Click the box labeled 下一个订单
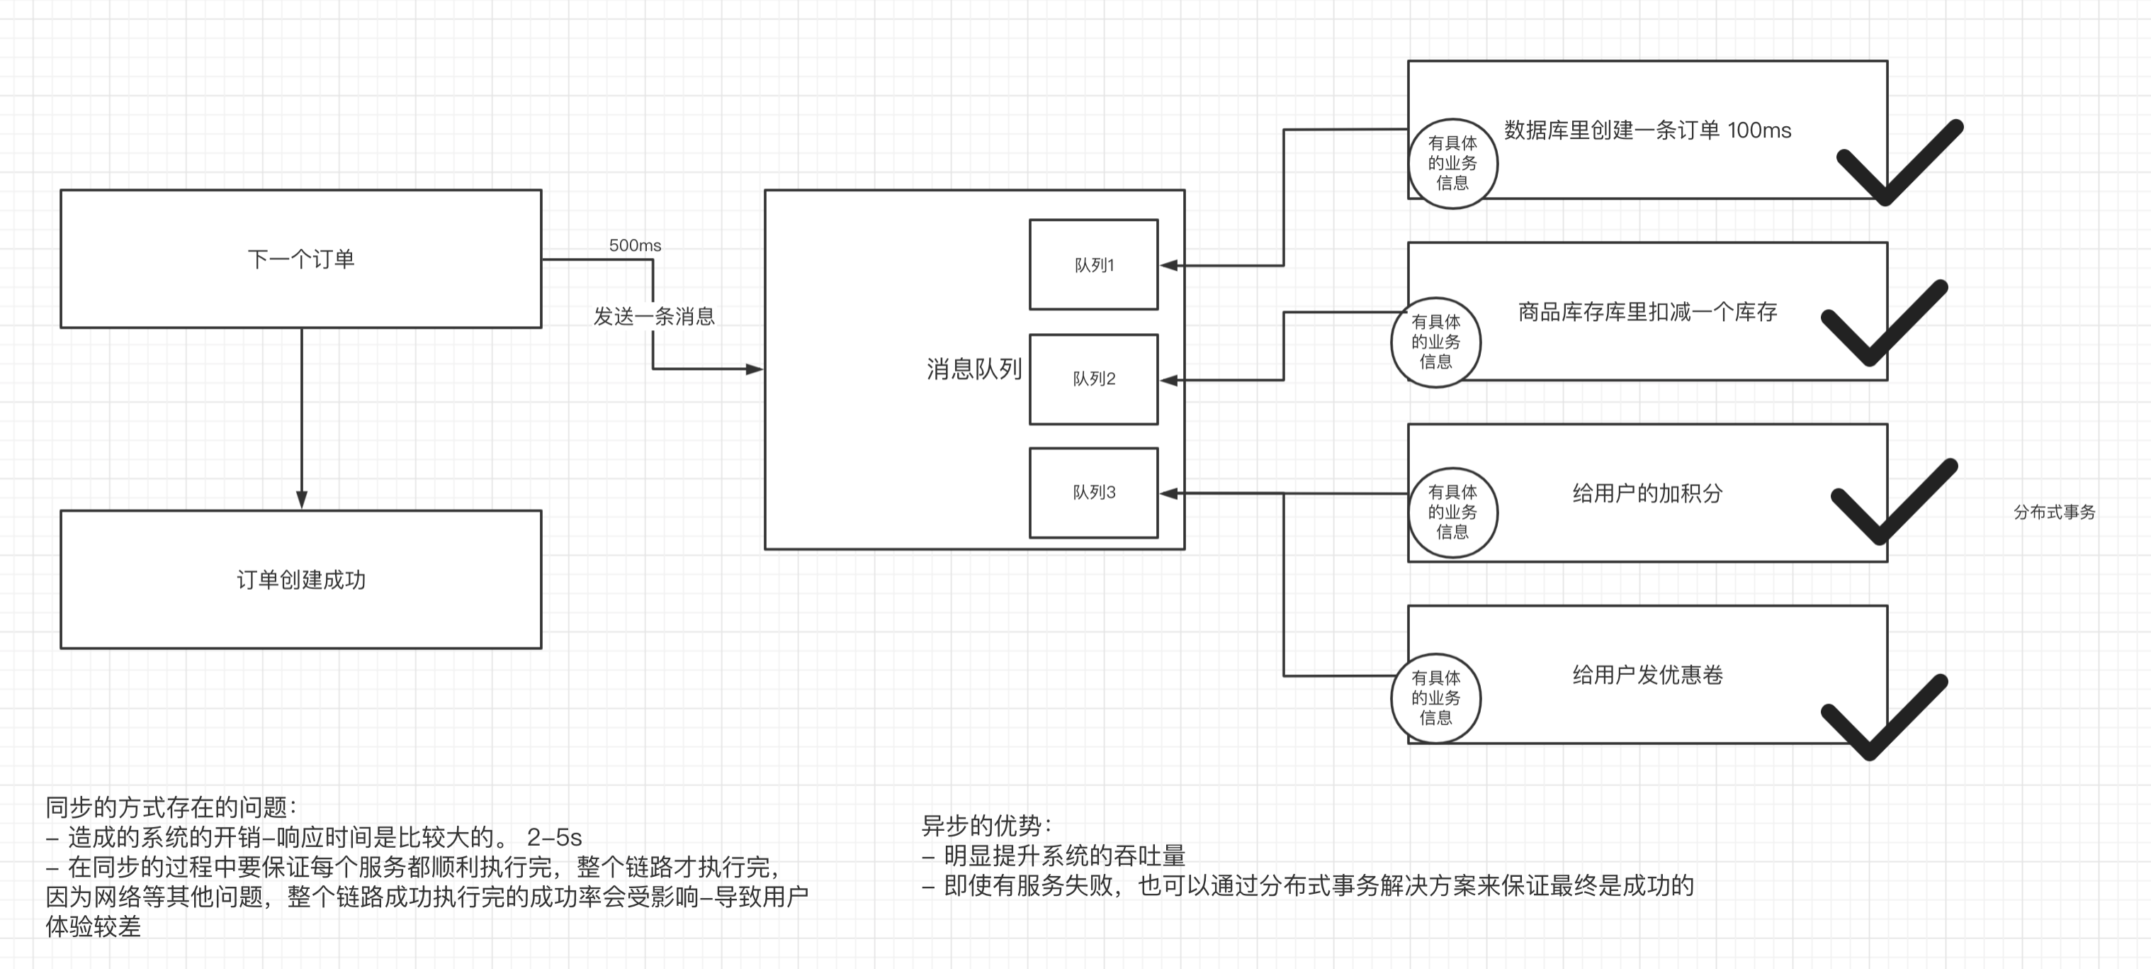click(300, 259)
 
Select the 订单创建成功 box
click(300, 580)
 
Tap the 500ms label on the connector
click(635, 245)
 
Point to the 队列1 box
click(1093, 265)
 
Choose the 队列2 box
click(1093, 379)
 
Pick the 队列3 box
click(1093, 493)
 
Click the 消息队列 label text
click(973, 369)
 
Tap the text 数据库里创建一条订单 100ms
click(1647, 130)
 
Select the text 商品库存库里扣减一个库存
click(1647, 313)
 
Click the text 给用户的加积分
click(1647, 493)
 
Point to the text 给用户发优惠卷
click(1647, 675)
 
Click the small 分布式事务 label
click(2054, 512)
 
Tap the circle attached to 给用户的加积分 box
click(1452, 512)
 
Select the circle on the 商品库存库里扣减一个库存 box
click(1435, 342)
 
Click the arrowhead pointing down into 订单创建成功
click(301, 500)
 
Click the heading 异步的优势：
click(986, 826)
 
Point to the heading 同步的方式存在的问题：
click(171, 807)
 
